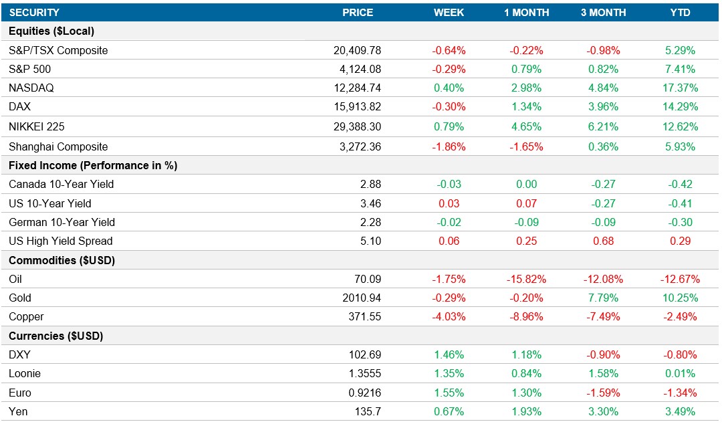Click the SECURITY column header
pyautogui.click(x=34, y=12)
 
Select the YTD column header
pyautogui.click(x=680, y=12)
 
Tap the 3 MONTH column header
pyautogui.click(x=603, y=12)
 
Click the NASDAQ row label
pyautogui.click(x=31, y=88)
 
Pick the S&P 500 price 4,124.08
pyautogui.click(x=357, y=69)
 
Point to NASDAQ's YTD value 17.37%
pyautogui.click(x=680, y=88)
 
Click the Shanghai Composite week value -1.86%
pyautogui.click(x=449, y=146)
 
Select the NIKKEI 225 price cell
pyautogui.click(x=357, y=126)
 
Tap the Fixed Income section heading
pyautogui.click(x=93, y=165)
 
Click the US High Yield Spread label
pyautogui.click(x=61, y=241)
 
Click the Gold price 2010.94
pyautogui.click(x=360, y=298)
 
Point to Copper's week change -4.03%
pyautogui.click(x=449, y=316)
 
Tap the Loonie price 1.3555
pyautogui.click(x=363, y=373)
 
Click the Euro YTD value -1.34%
pyautogui.click(x=680, y=393)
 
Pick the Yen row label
pyautogui.click(x=18, y=411)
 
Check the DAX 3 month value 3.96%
pyautogui.click(x=603, y=106)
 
